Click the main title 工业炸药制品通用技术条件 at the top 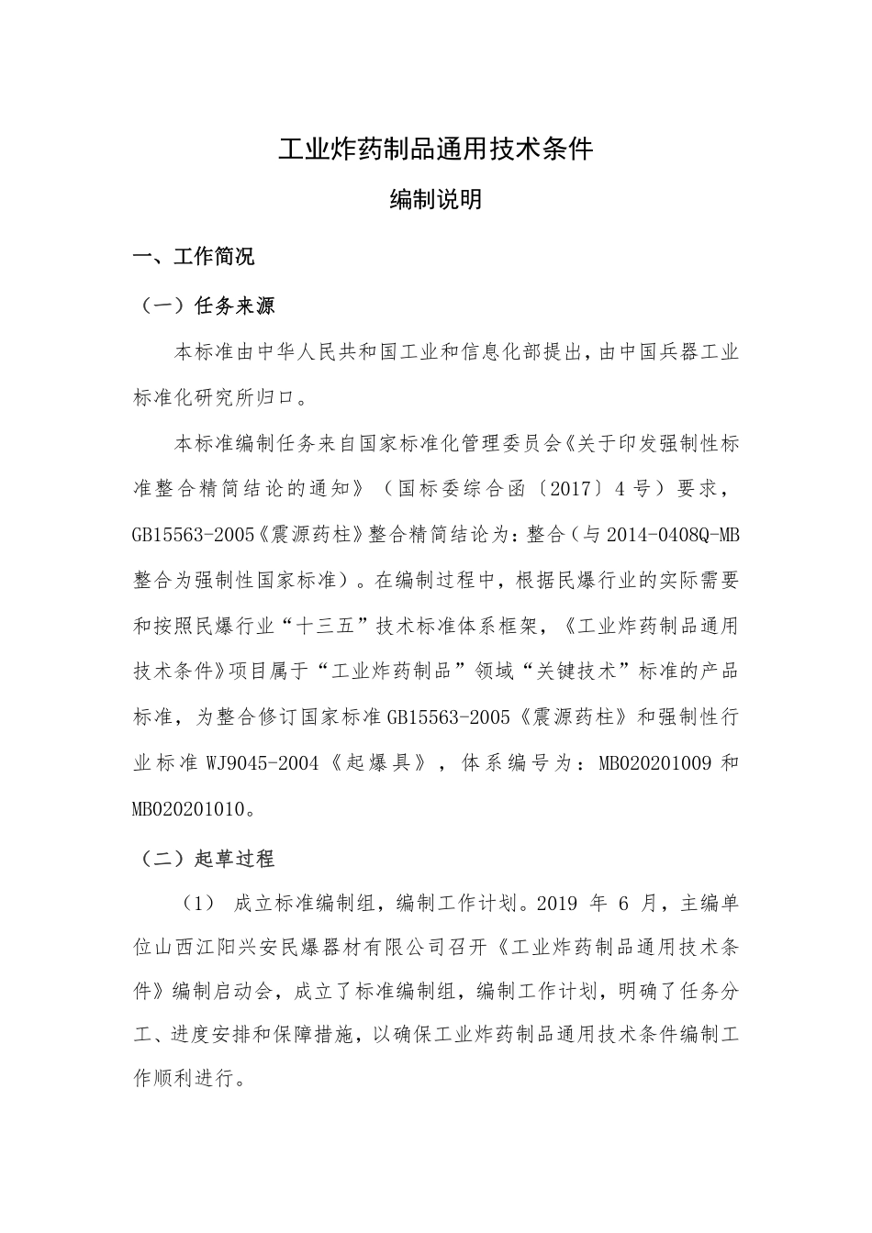(436, 149)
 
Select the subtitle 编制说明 (436, 199)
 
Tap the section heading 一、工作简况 (194, 257)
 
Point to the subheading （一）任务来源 (205, 305)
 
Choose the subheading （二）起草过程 (205, 859)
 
